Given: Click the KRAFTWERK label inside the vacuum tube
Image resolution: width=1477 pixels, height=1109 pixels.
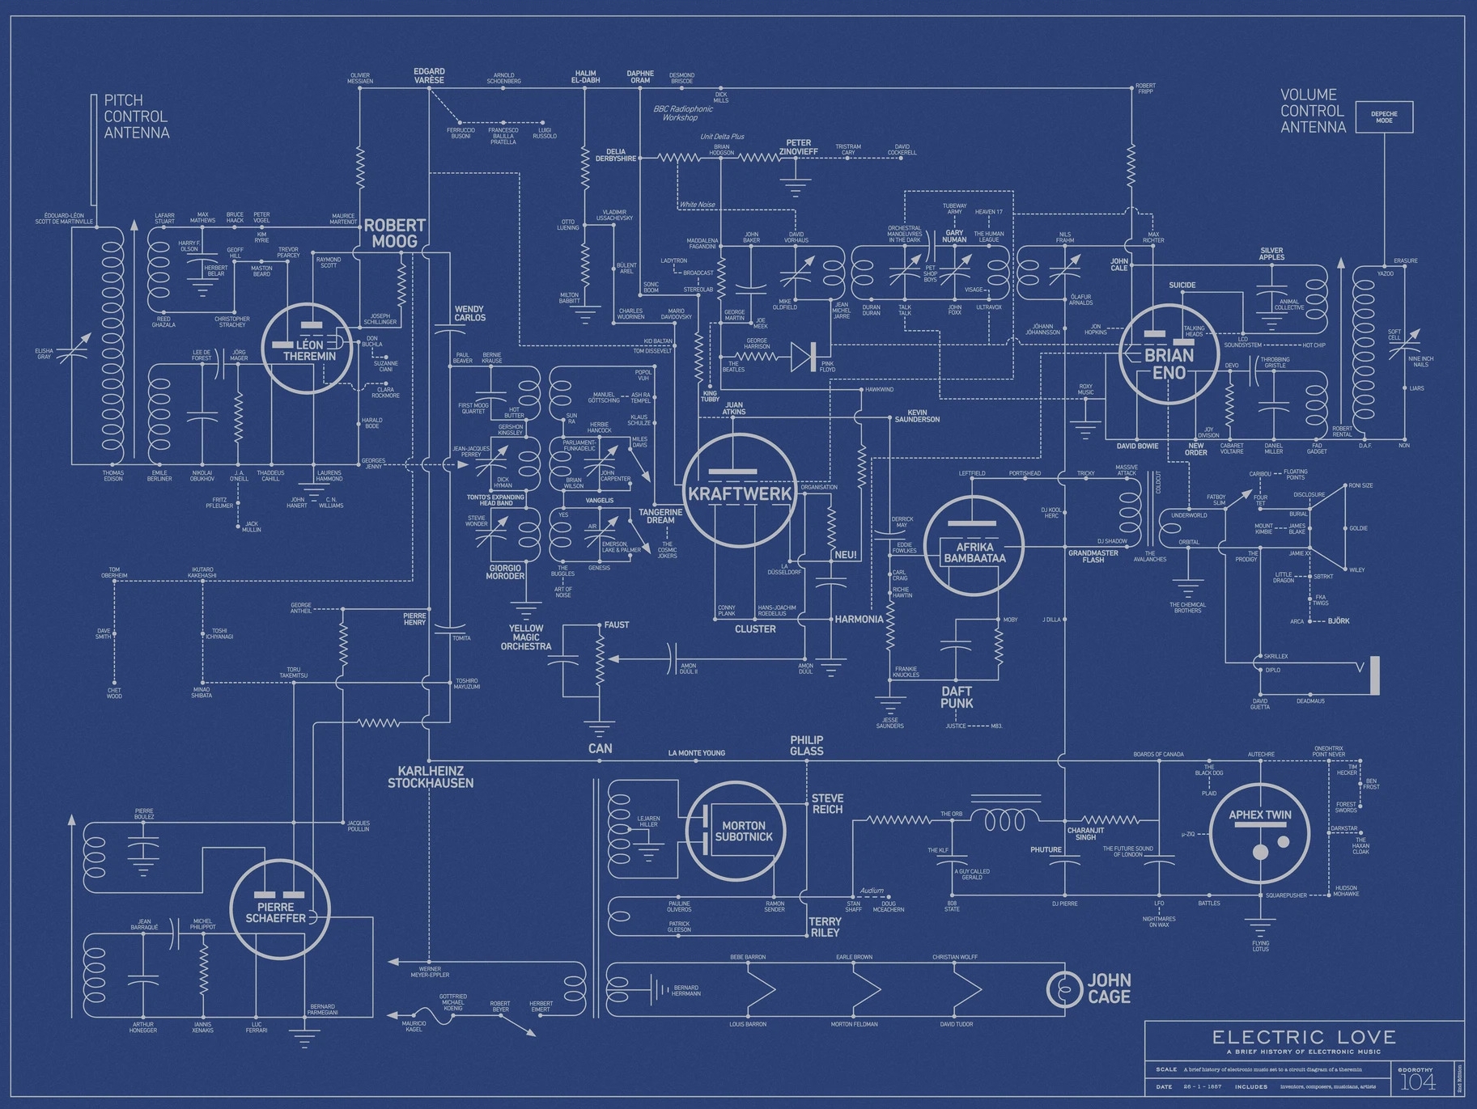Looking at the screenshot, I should pyautogui.click(x=739, y=493).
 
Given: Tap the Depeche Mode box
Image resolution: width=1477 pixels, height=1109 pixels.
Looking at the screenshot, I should pyautogui.click(x=1384, y=116).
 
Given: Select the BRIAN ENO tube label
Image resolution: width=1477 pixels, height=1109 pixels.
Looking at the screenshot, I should pyautogui.click(x=1169, y=364).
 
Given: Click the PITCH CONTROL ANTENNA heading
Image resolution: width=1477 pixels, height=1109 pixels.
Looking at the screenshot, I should pyautogui.click(x=136, y=116).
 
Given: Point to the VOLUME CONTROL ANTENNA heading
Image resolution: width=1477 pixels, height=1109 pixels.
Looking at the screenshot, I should pyautogui.click(x=1312, y=111).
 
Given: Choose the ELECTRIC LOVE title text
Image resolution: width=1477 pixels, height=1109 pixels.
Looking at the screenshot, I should pyautogui.click(x=1304, y=1037).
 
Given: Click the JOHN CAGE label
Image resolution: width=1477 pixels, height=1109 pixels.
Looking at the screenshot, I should pyautogui.click(x=1108, y=988).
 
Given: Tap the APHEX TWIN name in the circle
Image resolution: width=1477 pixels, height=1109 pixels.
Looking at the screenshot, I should pyautogui.click(x=1259, y=815).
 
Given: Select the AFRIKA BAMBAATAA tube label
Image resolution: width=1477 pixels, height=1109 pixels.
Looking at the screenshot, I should pyautogui.click(x=974, y=552).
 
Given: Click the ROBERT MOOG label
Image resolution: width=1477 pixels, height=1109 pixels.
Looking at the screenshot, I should pyautogui.click(x=394, y=233).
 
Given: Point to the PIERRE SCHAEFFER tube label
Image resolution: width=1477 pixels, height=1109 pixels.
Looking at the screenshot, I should pyautogui.click(x=276, y=912).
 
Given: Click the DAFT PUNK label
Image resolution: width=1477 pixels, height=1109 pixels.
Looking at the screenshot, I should pyautogui.click(x=957, y=697).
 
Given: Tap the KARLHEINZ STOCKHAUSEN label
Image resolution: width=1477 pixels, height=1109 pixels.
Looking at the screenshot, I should pyautogui.click(x=430, y=777).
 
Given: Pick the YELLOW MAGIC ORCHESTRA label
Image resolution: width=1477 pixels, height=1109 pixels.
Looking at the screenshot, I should pyautogui.click(x=526, y=637).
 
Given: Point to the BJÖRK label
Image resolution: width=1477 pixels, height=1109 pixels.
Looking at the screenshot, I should pyautogui.click(x=1339, y=621).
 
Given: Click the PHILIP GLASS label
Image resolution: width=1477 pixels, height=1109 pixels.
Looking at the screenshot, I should pyautogui.click(x=806, y=745).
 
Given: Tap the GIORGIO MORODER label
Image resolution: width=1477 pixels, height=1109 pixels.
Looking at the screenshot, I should pyautogui.click(x=506, y=571).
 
